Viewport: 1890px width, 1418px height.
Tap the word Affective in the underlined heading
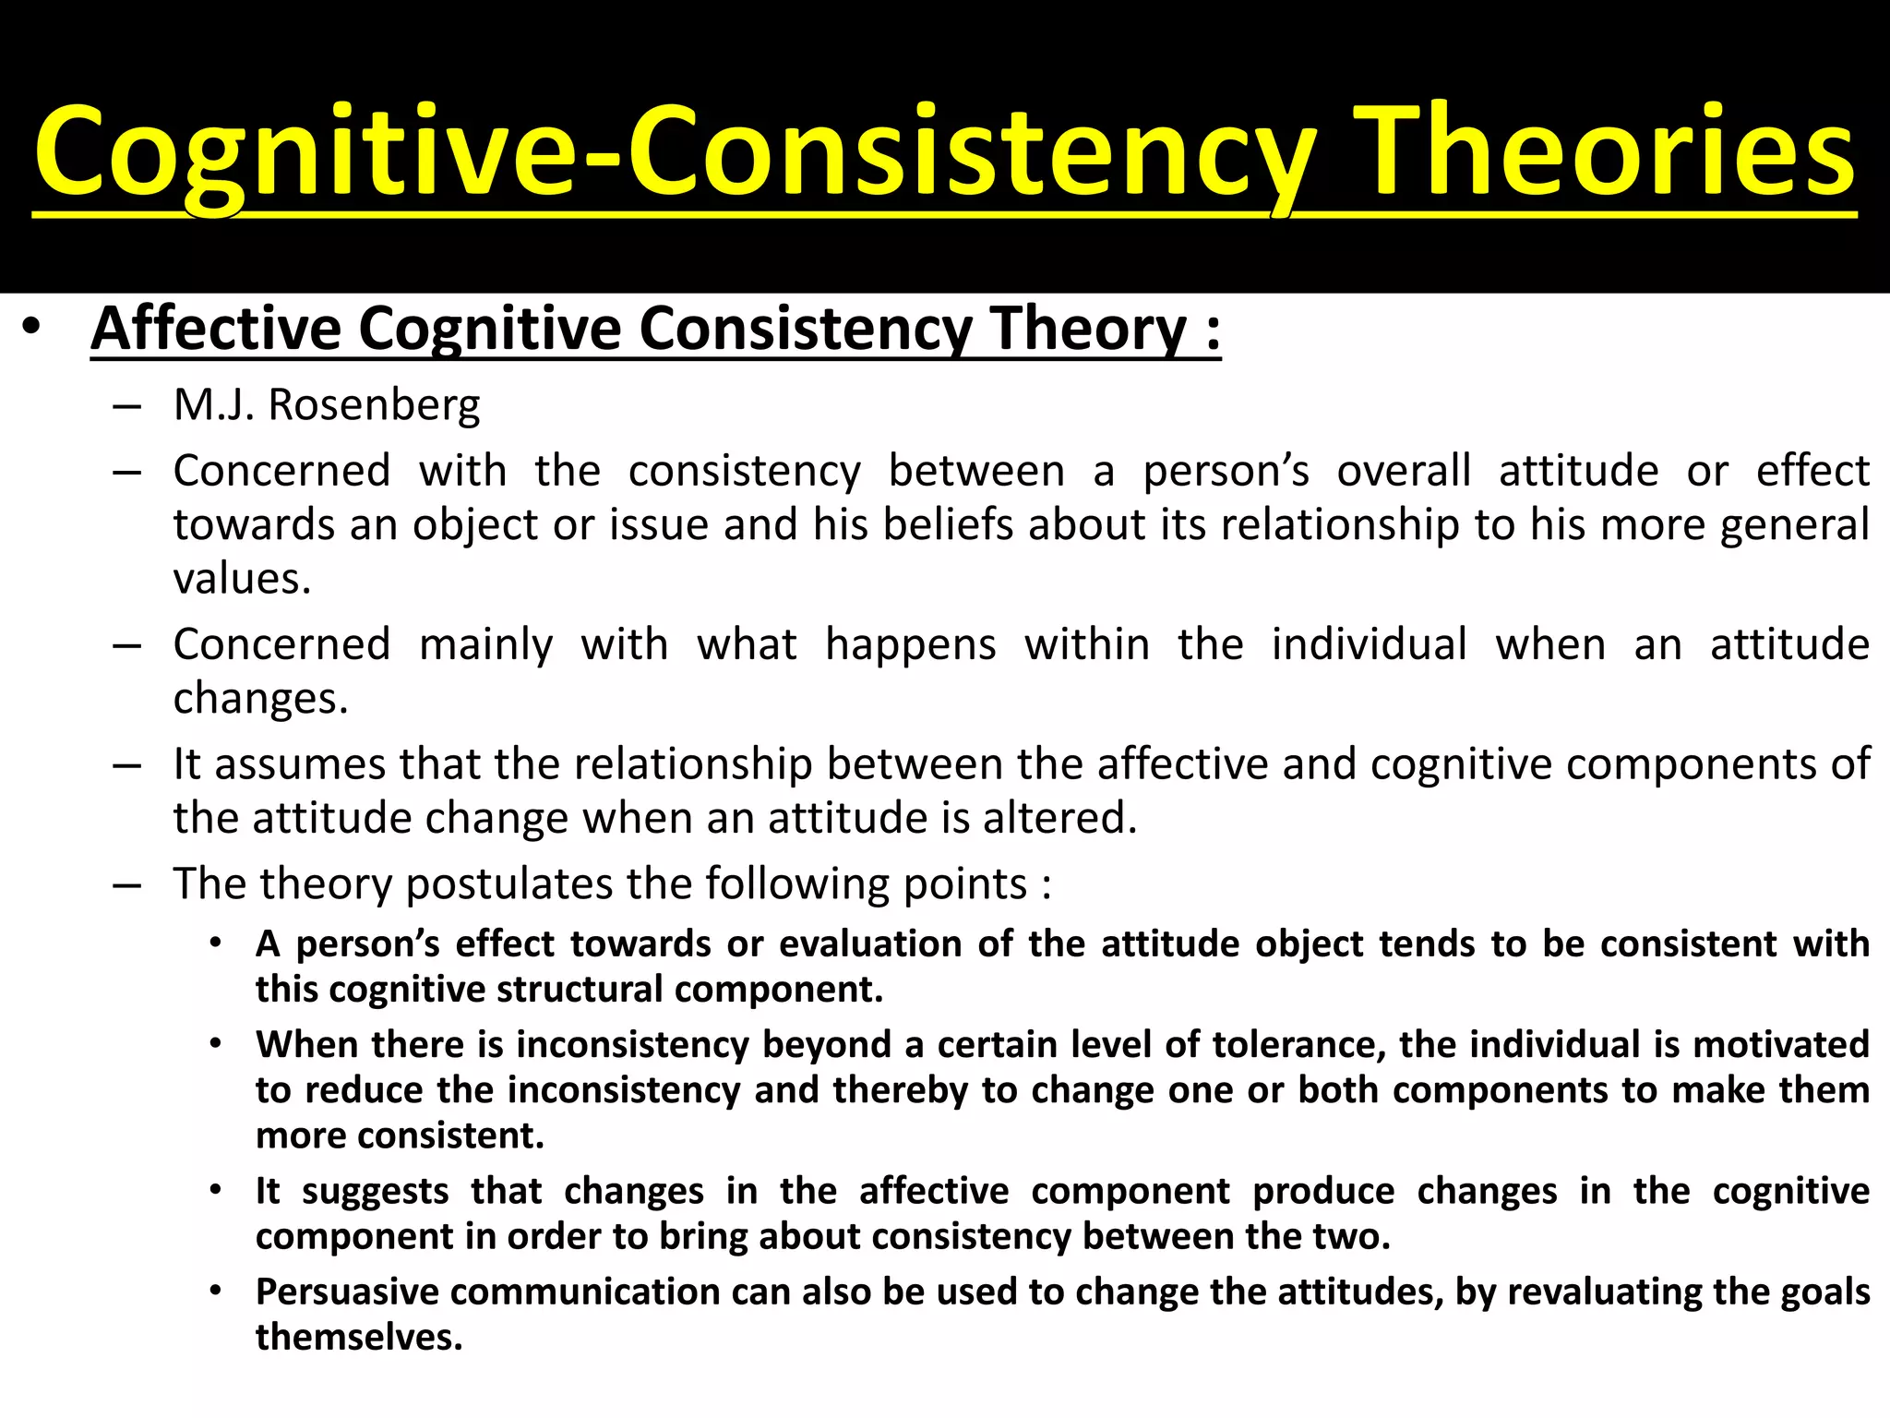(x=216, y=329)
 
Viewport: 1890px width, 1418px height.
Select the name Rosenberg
(x=374, y=405)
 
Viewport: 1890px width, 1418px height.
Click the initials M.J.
(x=213, y=405)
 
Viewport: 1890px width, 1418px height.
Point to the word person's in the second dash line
(x=1226, y=472)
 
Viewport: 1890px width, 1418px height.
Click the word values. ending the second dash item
(x=242, y=579)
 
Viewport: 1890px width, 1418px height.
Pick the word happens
(x=910, y=644)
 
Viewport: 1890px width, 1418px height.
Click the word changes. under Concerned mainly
(x=260, y=698)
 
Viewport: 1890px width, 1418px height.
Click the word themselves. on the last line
(x=359, y=1337)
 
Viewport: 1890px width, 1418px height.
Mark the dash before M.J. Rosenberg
(x=127, y=406)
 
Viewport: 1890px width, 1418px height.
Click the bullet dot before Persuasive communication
(x=215, y=1291)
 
